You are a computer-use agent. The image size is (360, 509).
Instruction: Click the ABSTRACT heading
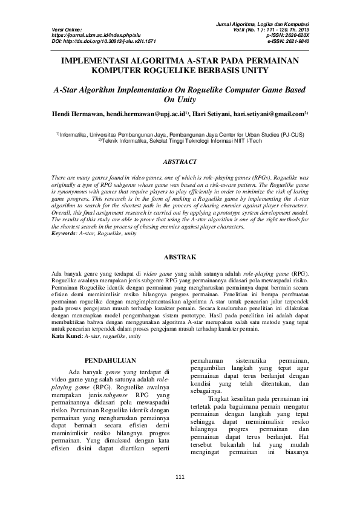tap(180, 162)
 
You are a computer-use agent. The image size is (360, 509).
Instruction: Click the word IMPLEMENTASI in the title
tap(100, 60)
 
